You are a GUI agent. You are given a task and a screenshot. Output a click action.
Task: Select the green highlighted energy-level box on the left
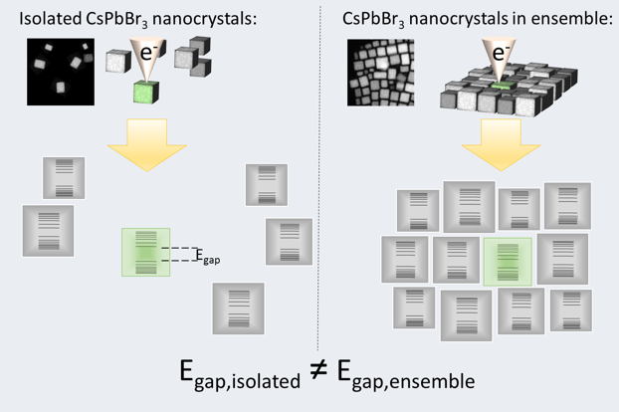coord(146,252)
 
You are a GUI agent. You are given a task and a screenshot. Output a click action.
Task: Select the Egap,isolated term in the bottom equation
coord(234,378)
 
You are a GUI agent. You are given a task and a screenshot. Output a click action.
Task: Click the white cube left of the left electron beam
coord(119,61)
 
